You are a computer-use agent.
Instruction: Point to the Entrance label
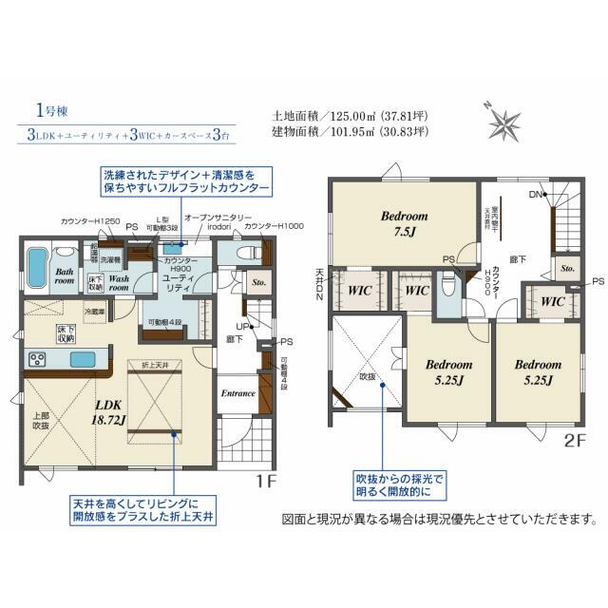coord(238,392)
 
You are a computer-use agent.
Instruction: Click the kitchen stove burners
coord(38,359)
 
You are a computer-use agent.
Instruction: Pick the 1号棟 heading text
coord(45,110)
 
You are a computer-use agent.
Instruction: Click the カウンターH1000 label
coord(274,225)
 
